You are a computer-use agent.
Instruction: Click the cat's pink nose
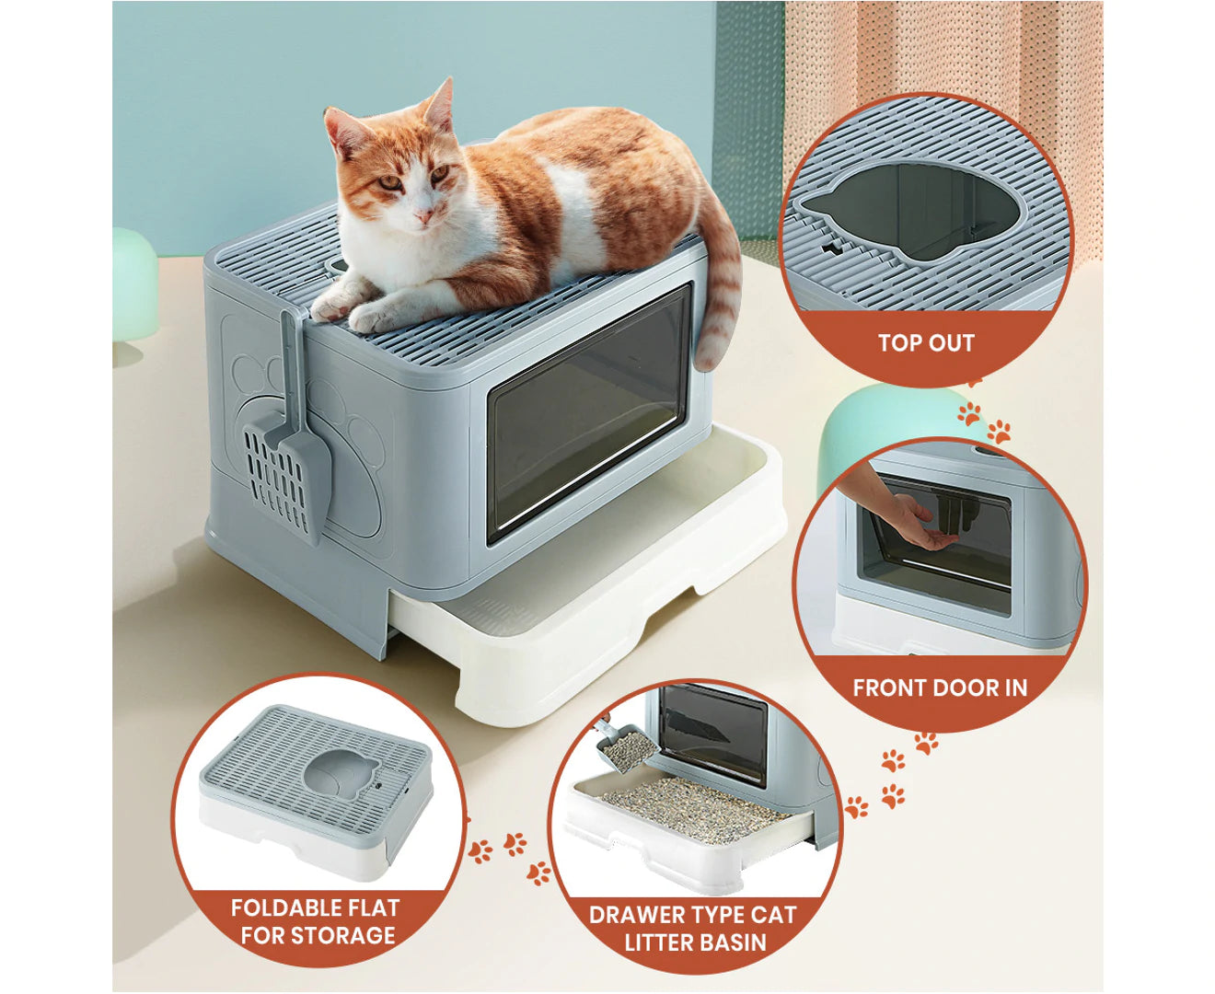422,215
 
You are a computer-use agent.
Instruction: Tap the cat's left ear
439,105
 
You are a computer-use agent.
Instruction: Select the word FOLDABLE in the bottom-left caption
283,908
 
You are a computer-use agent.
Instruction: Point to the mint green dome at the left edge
133,281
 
